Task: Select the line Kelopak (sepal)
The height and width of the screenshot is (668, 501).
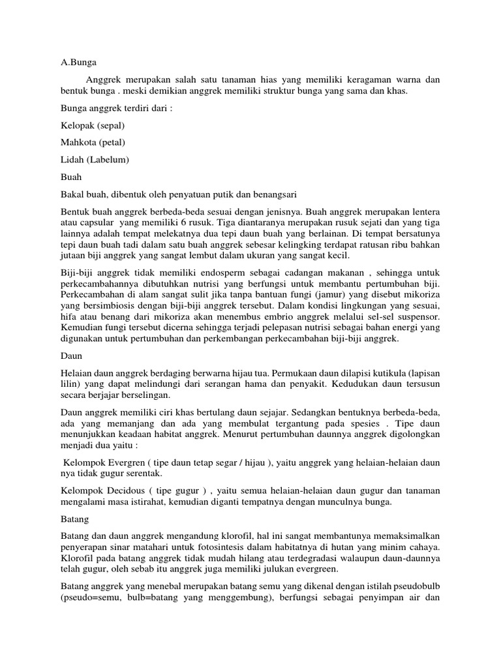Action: pyautogui.click(x=92, y=125)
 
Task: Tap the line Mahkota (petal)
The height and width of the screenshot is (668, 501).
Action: pyautogui.click(x=93, y=142)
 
